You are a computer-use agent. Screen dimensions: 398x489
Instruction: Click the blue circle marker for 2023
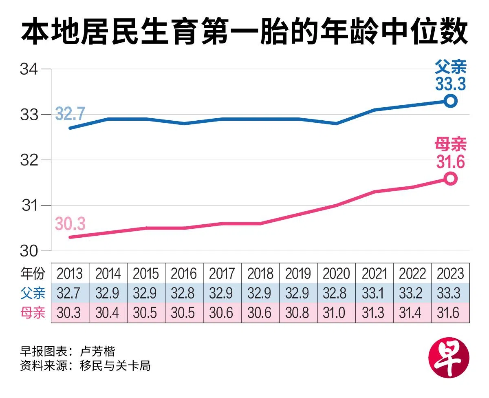point(450,101)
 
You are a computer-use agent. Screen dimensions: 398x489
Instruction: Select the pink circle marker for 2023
point(450,179)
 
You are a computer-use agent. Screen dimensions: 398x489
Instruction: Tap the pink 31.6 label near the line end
point(450,162)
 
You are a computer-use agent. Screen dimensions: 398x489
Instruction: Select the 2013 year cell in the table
point(70,273)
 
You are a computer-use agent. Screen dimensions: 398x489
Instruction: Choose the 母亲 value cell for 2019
point(298,313)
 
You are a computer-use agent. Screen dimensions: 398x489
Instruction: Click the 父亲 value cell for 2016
point(184,293)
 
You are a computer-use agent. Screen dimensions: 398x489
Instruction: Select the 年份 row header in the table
point(33,273)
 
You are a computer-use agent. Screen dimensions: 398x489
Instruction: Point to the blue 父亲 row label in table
point(33,293)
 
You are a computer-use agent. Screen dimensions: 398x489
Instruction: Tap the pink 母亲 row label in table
point(33,313)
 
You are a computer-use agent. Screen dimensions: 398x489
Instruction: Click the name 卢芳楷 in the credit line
point(98,352)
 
